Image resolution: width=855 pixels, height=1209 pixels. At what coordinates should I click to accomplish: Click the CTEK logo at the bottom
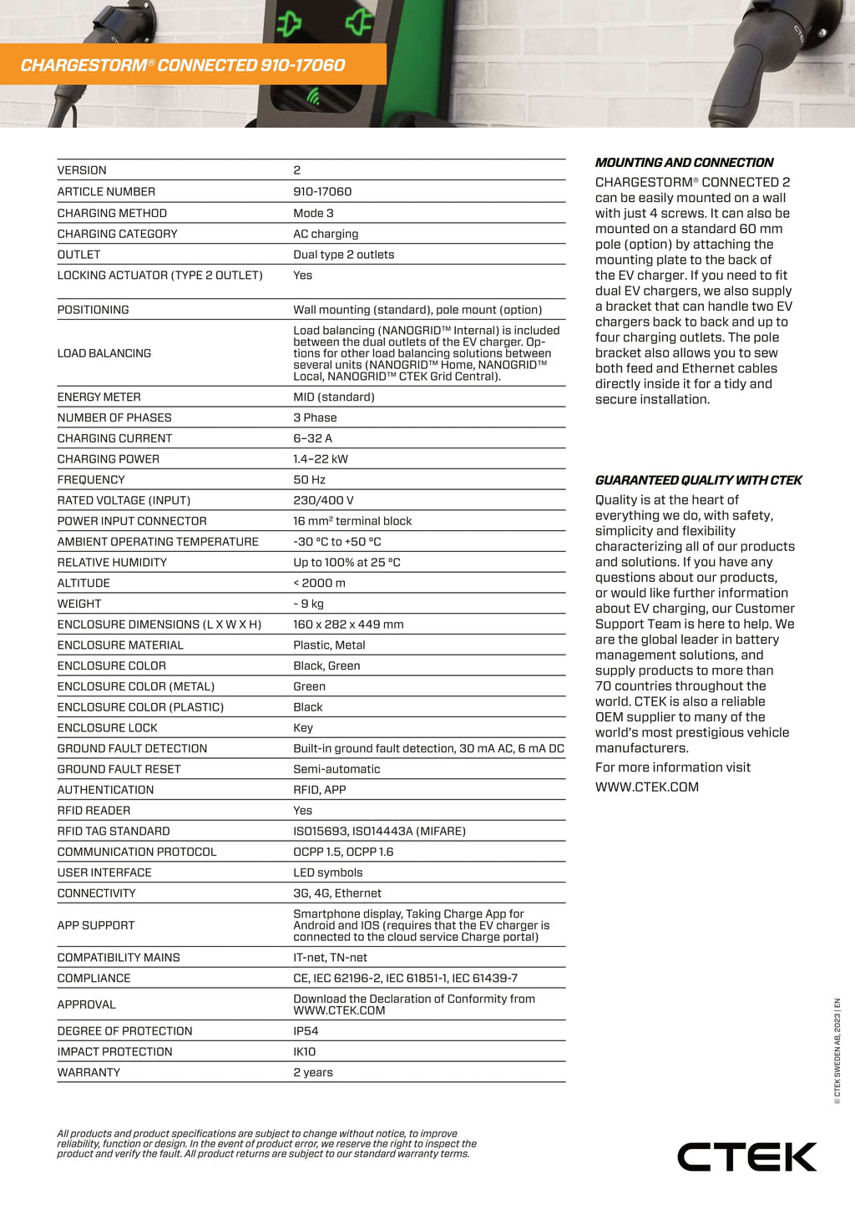click(x=746, y=1156)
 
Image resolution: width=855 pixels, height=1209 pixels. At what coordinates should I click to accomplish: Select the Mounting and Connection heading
click(x=684, y=163)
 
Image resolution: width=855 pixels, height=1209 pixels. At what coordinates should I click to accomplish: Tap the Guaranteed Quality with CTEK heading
click(x=698, y=480)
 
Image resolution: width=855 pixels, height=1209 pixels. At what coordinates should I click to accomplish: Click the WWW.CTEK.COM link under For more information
click(x=646, y=787)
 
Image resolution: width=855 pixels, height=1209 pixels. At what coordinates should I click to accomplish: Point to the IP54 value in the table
click(x=306, y=1031)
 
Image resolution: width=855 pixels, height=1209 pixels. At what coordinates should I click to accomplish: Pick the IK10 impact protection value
click(x=305, y=1052)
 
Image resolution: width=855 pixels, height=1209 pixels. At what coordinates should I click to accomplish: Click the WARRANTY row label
click(x=89, y=1073)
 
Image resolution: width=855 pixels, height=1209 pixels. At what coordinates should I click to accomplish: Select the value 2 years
click(x=313, y=1073)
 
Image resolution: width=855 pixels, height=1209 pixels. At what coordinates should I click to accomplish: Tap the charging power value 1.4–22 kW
click(x=321, y=459)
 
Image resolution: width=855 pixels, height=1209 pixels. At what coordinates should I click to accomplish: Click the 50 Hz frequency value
click(x=309, y=480)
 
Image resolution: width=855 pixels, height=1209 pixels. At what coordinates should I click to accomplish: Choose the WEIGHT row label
click(x=79, y=604)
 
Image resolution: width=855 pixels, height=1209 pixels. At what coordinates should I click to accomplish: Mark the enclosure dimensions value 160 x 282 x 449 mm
click(x=348, y=625)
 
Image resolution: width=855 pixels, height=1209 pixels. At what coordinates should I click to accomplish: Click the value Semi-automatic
click(x=336, y=769)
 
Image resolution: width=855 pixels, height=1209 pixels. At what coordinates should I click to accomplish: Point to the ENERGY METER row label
click(x=99, y=397)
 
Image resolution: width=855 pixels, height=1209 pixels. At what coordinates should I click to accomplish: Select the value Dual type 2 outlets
click(x=343, y=255)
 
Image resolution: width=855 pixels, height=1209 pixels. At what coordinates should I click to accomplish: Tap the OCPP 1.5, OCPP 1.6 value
click(x=343, y=852)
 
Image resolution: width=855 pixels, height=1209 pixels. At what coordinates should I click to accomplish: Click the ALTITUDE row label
click(x=83, y=584)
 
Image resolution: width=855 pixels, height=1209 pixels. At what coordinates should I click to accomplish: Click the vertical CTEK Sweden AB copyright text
click(x=837, y=1051)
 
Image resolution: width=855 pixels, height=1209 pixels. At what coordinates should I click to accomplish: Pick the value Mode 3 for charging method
click(x=313, y=214)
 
